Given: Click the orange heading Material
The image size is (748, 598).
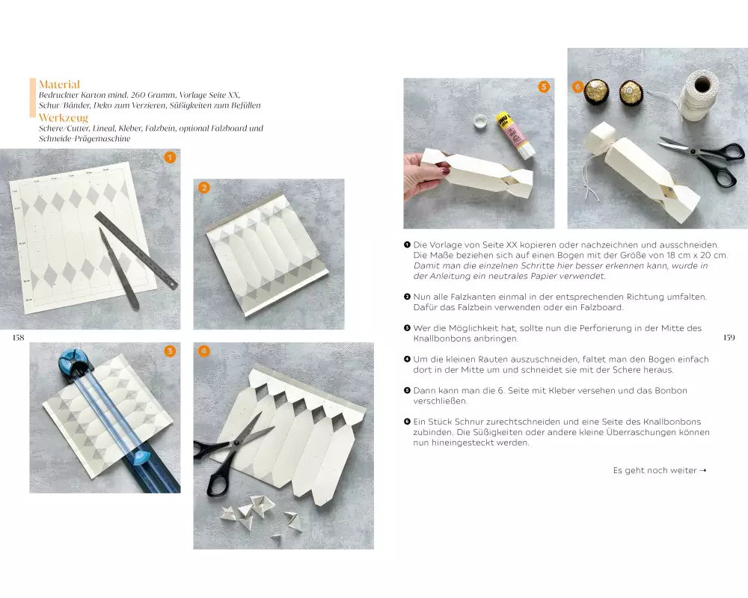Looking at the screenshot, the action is (59, 84).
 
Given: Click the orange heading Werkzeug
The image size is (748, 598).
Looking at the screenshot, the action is (64, 118).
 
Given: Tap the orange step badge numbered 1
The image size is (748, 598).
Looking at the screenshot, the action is (170, 158).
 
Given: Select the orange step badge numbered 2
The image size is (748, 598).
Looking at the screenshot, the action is (204, 188).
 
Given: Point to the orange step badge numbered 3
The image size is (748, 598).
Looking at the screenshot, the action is (170, 351).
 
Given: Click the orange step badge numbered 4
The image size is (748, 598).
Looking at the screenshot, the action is (203, 351).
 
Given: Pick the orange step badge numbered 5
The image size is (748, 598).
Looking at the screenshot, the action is (544, 86).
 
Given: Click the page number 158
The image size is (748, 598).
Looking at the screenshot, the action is (18, 338).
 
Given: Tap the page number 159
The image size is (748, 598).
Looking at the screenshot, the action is (729, 338).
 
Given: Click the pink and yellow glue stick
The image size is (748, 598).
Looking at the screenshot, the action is (515, 135).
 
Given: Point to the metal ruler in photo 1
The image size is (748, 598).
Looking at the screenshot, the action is (136, 250).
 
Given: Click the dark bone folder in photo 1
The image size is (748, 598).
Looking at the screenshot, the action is (119, 269).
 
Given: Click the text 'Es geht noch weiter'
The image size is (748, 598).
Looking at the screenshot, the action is (654, 471).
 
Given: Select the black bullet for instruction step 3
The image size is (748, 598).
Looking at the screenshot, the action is (407, 328).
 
